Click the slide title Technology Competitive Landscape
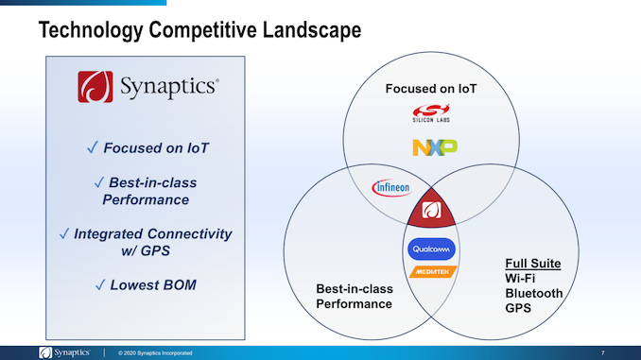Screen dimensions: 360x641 pyautogui.click(x=199, y=30)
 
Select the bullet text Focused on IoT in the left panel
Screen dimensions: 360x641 pyautogui.click(x=147, y=148)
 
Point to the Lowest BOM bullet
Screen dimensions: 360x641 pyautogui.click(x=147, y=284)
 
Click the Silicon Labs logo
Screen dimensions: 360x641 pyautogui.click(x=431, y=115)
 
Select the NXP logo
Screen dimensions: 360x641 pyautogui.click(x=434, y=147)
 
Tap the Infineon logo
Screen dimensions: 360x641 pyautogui.click(x=390, y=187)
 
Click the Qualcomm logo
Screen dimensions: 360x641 pyautogui.click(x=431, y=249)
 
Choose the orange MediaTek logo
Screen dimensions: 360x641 pyautogui.click(x=431, y=272)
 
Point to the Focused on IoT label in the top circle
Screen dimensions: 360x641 pyautogui.click(x=431, y=89)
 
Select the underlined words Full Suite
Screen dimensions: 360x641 pyautogui.click(x=533, y=263)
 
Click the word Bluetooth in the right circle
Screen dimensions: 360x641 pyautogui.click(x=534, y=293)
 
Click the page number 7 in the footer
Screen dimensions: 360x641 pyautogui.click(x=602, y=352)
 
